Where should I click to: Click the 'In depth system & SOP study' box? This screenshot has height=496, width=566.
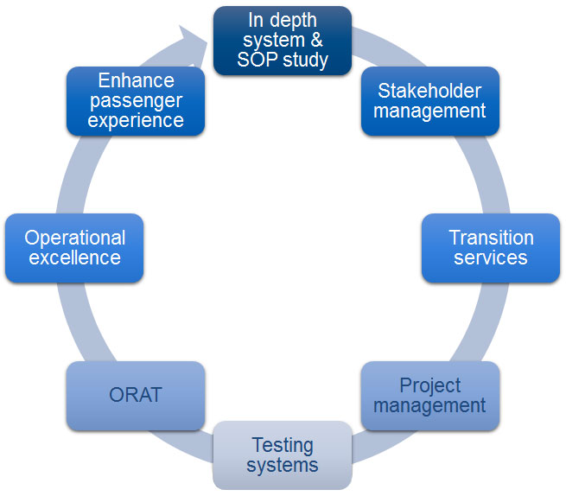click(x=283, y=41)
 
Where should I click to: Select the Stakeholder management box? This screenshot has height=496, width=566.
click(x=430, y=101)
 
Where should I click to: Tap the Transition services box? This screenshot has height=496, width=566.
click(x=491, y=248)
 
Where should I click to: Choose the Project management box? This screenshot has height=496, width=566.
click(x=430, y=396)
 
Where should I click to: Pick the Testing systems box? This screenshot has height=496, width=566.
click(x=283, y=455)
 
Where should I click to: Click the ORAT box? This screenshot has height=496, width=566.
click(x=136, y=396)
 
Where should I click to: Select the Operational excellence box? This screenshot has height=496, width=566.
click(x=74, y=248)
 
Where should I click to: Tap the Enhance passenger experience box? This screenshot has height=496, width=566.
click(x=136, y=101)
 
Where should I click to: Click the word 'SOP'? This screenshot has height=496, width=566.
click(x=258, y=60)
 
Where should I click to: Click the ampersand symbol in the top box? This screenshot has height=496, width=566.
click(x=316, y=40)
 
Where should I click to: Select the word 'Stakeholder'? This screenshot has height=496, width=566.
click(x=429, y=91)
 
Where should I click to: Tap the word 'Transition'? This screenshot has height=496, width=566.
click(x=492, y=238)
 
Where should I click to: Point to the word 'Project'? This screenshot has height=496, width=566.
click(x=430, y=385)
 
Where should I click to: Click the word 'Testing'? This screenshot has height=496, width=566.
click(x=283, y=446)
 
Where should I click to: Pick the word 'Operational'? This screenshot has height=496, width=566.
click(x=74, y=238)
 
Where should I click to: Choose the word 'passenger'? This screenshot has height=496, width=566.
click(x=136, y=101)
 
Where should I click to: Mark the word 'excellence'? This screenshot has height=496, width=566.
click(x=74, y=258)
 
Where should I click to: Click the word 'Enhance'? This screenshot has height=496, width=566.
click(x=136, y=80)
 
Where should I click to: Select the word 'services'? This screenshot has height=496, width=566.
click(x=491, y=258)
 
